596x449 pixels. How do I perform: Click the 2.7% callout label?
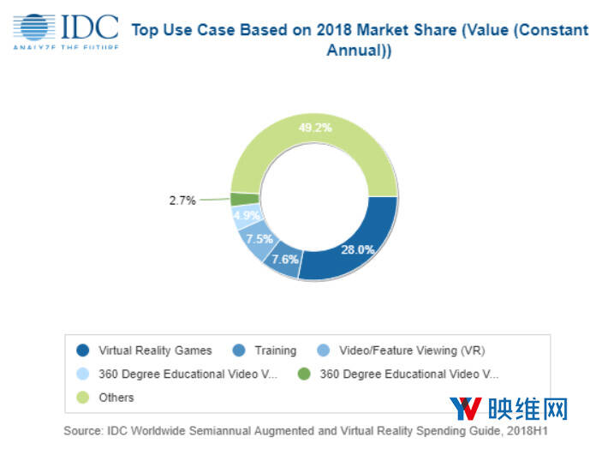pos(182,201)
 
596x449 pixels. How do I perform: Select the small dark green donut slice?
pos(239,199)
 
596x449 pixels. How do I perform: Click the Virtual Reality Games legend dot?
pos(82,350)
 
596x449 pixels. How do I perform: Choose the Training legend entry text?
pos(275,350)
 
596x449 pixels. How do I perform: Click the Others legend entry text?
pos(116,398)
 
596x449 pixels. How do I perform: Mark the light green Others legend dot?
pos(82,398)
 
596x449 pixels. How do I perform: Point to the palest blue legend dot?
pos(82,374)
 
